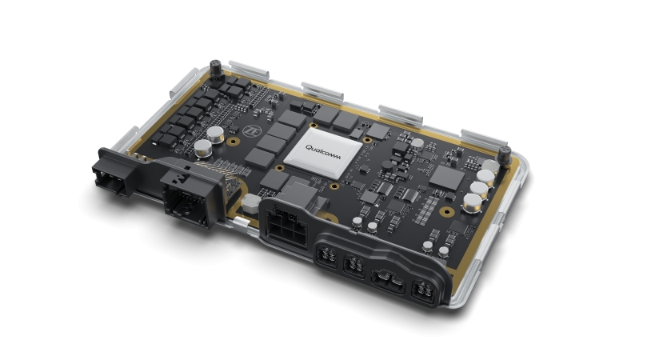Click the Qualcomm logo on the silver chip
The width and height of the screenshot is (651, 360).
click(323, 152)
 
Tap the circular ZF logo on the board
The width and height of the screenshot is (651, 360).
click(250, 131)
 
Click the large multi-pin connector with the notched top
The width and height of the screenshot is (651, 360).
click(190, 194)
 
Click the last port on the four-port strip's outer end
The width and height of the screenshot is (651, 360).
click(423, 290)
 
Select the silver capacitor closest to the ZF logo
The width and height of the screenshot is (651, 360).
click(215, 134)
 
